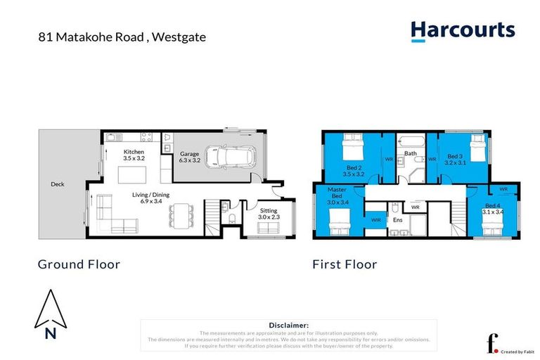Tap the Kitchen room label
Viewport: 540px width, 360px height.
pyautogui.click(x=134, y=152)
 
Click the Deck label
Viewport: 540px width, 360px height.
pyautogui.click(x=58, y=185)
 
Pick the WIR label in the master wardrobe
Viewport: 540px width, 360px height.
pyautogui.click(x=375, y=220)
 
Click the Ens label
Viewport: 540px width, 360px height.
pyautogui.click(x=397, y=220)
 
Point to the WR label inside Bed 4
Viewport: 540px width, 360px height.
pyautogui.click(x=503, y=188)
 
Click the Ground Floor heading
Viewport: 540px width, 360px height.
pyautogui.click(x=78, y=264)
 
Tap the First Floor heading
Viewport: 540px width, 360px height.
pyautogui.click(x=345, y=264)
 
